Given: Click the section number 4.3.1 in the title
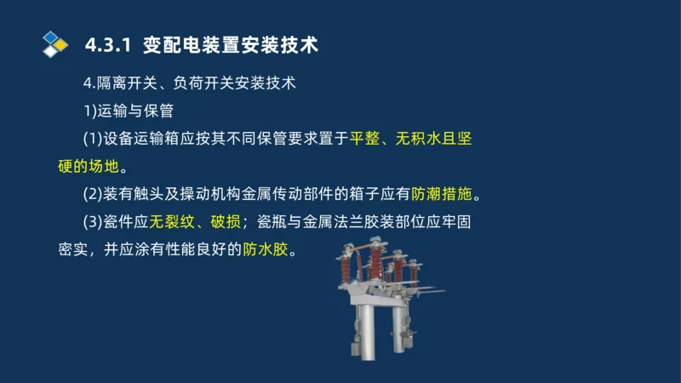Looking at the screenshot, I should (x=109, y=44).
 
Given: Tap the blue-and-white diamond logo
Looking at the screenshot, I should (x=55, y=43).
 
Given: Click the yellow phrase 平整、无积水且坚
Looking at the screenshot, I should (x=410, y=138).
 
